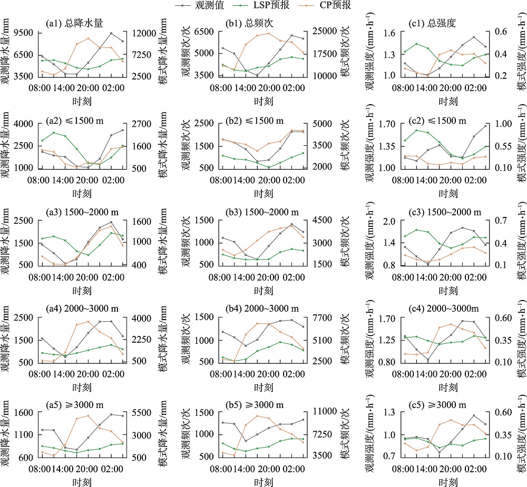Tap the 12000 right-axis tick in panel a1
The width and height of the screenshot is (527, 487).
tap(150, 33)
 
